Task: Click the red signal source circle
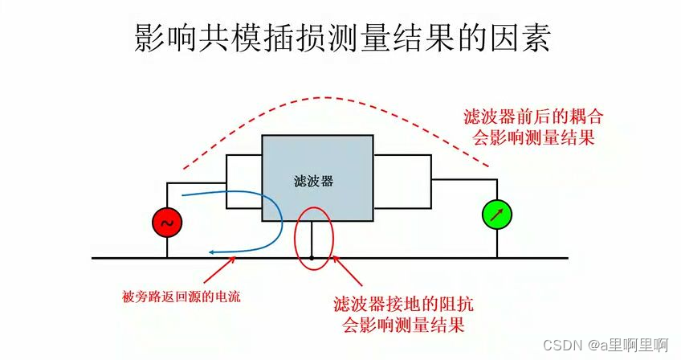pyautogui.click(x=167, y=223)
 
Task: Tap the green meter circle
pyautogui.click(x=496, y=214)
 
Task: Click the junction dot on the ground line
pyautogui.click(x=312, y=258)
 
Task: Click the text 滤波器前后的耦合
pyautogui.click(x=533, y=117)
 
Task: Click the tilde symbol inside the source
pyautogui.click(x=167, y=223)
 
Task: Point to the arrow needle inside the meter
pyautogui.click(x=496, y=214)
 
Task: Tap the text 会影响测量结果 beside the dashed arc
pyautogui.click(x=533, y=137)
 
